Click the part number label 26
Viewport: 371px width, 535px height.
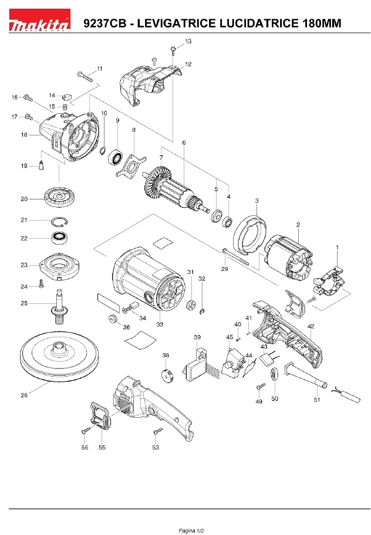pos(24,395)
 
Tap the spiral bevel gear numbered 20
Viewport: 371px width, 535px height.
pos(60,197)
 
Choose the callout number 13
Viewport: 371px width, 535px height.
pos(188,41)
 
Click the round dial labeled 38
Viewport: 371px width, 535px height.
pos(166,374)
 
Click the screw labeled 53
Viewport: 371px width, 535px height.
pos(157,433)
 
